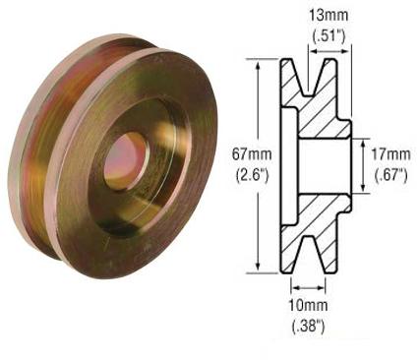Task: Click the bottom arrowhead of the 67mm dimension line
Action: tap(259, 269)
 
